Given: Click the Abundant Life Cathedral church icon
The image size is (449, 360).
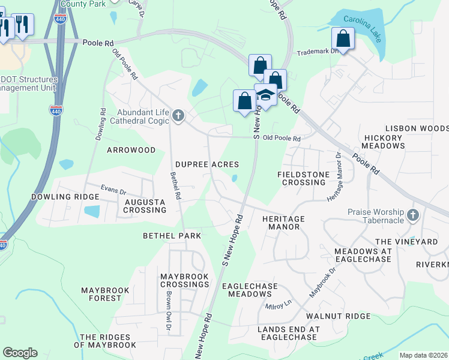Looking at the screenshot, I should (x=178, y=115).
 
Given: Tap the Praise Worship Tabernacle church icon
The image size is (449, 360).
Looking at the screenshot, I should (x=412, y=215).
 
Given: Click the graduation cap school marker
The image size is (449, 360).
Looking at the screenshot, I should (x=265, y=94).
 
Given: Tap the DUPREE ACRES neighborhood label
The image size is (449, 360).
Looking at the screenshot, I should (x=207, y=164).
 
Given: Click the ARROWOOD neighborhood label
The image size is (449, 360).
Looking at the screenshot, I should (x=131, y=150).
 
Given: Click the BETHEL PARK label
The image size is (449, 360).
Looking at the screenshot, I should (x=172, y=236).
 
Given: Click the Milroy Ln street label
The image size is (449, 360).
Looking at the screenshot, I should (x=278, y=306).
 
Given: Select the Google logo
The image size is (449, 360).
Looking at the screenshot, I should (x=20, y=353).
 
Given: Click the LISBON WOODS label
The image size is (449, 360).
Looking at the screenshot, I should (x=417, y=128).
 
